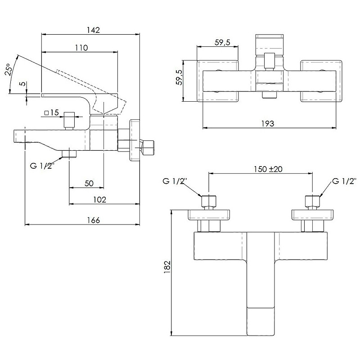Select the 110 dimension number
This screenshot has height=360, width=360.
[81, 47]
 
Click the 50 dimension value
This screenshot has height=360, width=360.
[89, 183]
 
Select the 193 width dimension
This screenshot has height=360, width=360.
[267, 124]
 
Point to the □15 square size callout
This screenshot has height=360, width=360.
[52, 113]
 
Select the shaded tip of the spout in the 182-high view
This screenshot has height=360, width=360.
[261, 321]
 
